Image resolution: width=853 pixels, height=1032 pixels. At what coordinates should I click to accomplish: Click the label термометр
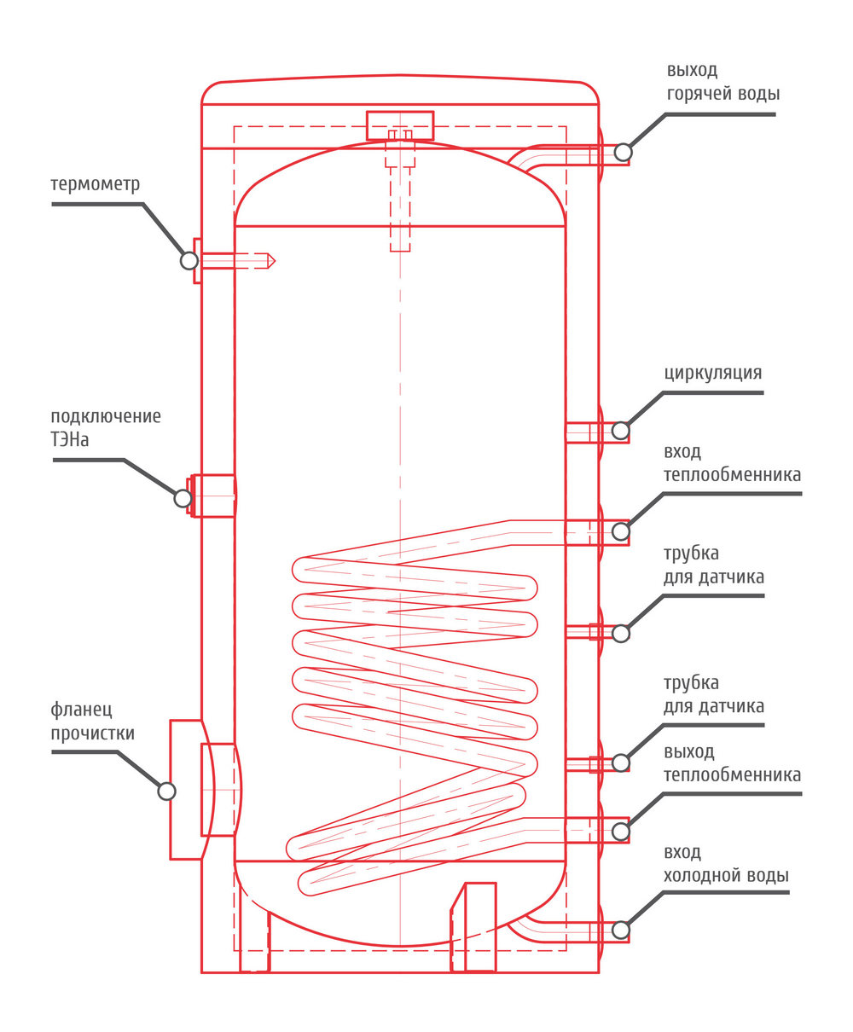(x=96, y=184)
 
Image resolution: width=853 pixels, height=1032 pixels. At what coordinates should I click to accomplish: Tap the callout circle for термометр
(x=189, y=260)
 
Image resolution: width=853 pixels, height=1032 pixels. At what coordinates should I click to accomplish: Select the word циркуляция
(x=712, y=374)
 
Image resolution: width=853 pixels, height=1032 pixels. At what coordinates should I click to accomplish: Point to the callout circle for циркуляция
(x=621, y=431)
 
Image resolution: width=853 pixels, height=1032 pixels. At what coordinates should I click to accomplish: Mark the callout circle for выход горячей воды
(x=623, y=152)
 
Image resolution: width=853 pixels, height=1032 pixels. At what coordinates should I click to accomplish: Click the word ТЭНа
(x=70, y=439)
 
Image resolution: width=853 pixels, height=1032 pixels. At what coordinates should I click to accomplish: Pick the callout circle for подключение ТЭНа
(x=183, y=498)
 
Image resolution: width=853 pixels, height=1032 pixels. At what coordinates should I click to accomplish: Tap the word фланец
(x=82, y=710)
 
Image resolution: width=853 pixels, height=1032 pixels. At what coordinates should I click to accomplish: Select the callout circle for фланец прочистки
(x=166, y=791)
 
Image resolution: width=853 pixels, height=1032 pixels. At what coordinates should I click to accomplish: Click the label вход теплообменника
(x=732, y=463)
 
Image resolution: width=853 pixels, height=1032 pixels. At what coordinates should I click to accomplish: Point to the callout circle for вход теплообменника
(x=621, y=531)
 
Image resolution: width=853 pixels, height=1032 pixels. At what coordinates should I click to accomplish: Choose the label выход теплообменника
(x=732, y=763)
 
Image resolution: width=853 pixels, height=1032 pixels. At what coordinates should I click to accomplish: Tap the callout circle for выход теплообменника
(x=621, y=832)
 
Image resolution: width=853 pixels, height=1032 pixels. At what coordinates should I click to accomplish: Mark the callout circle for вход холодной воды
(x=621, y=931)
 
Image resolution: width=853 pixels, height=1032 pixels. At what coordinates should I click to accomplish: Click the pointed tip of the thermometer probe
(x=275, y=260)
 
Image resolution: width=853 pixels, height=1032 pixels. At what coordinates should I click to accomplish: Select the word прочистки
(x=92, y=733)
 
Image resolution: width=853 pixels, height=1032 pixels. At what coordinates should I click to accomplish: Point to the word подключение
(x=106, y=417)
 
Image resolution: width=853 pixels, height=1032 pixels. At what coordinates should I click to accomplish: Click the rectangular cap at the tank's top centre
(x=400, y=125)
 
